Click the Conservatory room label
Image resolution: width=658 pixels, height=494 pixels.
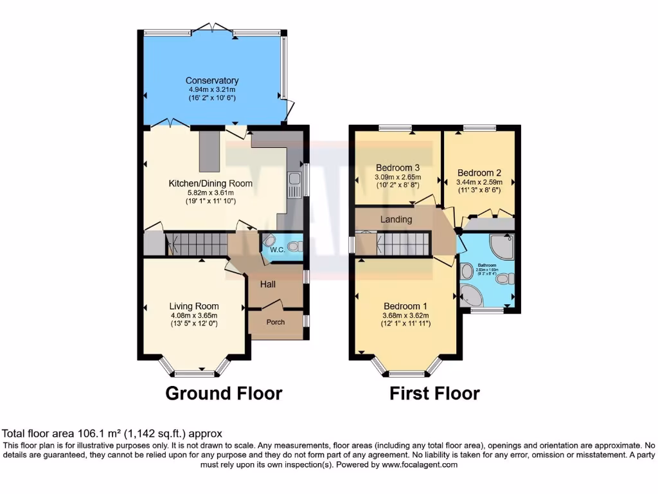[x=211, y=80]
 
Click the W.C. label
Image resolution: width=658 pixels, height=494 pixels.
[x=278, y=250]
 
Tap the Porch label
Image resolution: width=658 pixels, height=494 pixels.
[x=276, y=322]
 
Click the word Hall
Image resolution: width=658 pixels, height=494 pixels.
[x=268, y=284]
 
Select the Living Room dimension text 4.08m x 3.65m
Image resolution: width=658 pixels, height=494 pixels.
[x=194, y=315]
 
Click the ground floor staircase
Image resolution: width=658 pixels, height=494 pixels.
[x=196, y=244]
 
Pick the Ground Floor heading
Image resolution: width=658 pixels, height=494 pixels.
[x=224, y=393]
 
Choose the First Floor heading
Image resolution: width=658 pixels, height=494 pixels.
[x=434, y=393]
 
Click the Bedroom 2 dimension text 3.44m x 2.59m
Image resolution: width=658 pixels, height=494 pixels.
[x=479, y=182]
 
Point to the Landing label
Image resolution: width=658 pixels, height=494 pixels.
[x=396, y=219]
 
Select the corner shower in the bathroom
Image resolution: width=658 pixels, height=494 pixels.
[x=501, y=244]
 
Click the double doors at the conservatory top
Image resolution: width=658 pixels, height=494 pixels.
[x=212, y=28]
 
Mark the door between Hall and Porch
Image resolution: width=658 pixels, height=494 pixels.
[x=273, y=305]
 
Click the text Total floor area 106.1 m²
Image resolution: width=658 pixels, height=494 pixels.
[x=112, y=434]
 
